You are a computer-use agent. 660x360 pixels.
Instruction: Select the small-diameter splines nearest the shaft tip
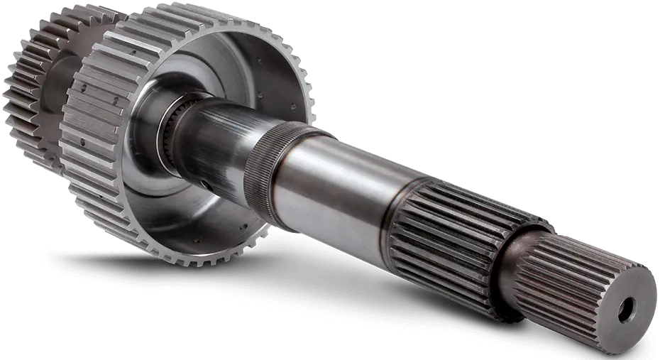[568, 277]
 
